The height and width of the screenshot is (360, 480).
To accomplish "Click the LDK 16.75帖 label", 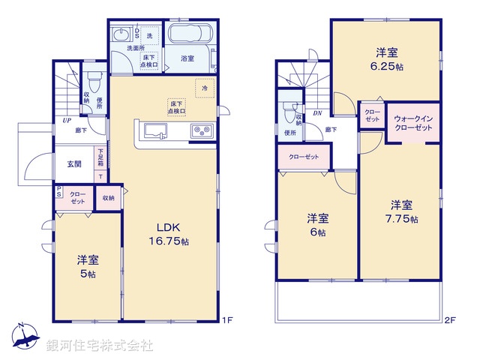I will click(x=172, y=234).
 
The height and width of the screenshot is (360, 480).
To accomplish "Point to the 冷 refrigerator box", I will click(x=203, y=87).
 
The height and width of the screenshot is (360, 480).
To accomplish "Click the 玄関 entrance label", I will click(x=74, y=164).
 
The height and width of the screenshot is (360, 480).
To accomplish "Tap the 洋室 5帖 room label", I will click(x=88, y=267).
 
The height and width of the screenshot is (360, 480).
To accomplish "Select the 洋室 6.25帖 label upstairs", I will click(x=387, y=58).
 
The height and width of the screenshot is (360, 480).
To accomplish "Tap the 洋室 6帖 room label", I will click(x=318, y=225).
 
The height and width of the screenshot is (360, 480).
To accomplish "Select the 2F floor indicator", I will click(x=448, y=320).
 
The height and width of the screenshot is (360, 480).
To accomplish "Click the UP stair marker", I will click(x=67, y=120).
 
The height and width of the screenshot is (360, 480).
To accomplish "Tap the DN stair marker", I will click(x=316, y=113).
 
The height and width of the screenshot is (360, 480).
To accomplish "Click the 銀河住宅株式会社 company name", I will click(x=100, y=346).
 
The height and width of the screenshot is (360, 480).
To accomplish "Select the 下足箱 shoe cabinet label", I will click(x=99, y=158).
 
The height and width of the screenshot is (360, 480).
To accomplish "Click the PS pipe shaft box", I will click(x=58, y=193).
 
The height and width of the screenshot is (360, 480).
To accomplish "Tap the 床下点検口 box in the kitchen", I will click(x=177, y=106).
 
